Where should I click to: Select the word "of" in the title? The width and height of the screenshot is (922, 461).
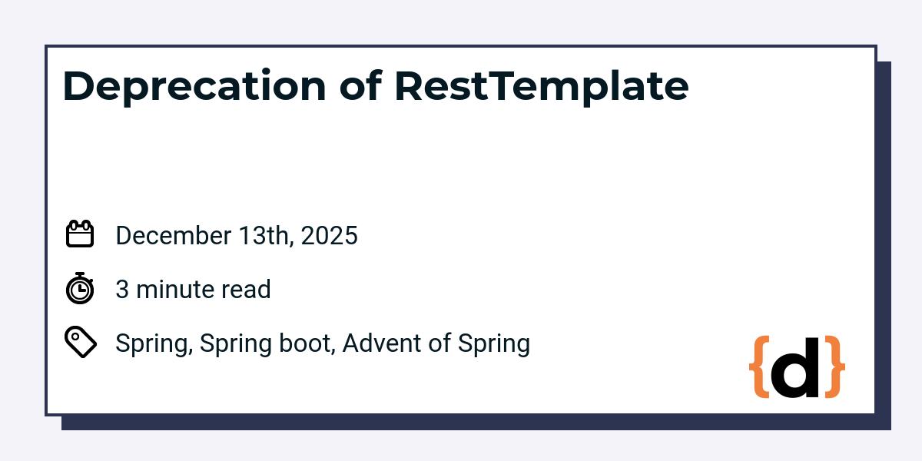tap(360, 85)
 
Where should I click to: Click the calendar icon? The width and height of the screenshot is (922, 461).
tap(80, 234)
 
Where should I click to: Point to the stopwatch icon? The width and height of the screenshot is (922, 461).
tap(80, 288)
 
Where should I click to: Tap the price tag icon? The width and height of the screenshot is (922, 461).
tap(81, 342)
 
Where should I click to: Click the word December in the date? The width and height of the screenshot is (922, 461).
tap(174, 236)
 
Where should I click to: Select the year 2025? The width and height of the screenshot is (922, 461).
tap(330, 236)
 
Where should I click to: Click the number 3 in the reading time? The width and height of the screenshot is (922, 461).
tap(122, 290)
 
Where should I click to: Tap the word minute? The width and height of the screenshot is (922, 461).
tap(174, 290)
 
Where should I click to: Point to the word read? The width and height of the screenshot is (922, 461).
tap(246, 290)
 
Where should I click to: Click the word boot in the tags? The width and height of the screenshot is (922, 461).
tap(305, 343)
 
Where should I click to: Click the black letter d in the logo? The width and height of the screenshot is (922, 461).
tap(794, 367)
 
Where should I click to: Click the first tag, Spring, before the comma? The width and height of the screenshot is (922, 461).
tap(151, 345)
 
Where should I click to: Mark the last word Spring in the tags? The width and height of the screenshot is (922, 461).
tap(494, 345)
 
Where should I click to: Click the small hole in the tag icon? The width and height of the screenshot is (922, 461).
tap(75, 337)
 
